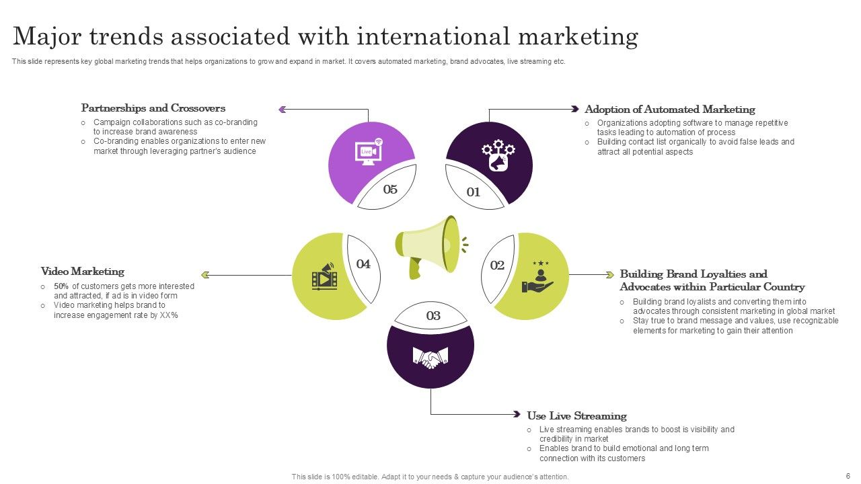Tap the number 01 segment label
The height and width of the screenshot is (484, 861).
coord(474,192)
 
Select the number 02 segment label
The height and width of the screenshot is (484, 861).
coord(497,266)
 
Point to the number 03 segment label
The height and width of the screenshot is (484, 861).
coord(433,316)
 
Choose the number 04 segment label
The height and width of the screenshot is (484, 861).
coord(363,264)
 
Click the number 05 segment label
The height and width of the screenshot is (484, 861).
coord(390,190)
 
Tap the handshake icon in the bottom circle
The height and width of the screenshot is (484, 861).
coord(430,357)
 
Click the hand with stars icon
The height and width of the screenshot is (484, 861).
coord(538,277)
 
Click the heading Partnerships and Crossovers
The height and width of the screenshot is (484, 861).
coord(153,108)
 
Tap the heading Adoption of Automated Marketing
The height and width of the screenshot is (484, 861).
coord(670,110)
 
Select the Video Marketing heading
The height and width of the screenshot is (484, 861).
coord(83,272)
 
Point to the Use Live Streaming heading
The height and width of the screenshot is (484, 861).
coord(576,416)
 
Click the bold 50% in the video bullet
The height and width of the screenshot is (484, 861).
coord(61,286)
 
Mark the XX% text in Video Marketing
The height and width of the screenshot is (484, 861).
coord(169,315)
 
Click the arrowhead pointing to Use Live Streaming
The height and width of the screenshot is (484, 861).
coord(517,414)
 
